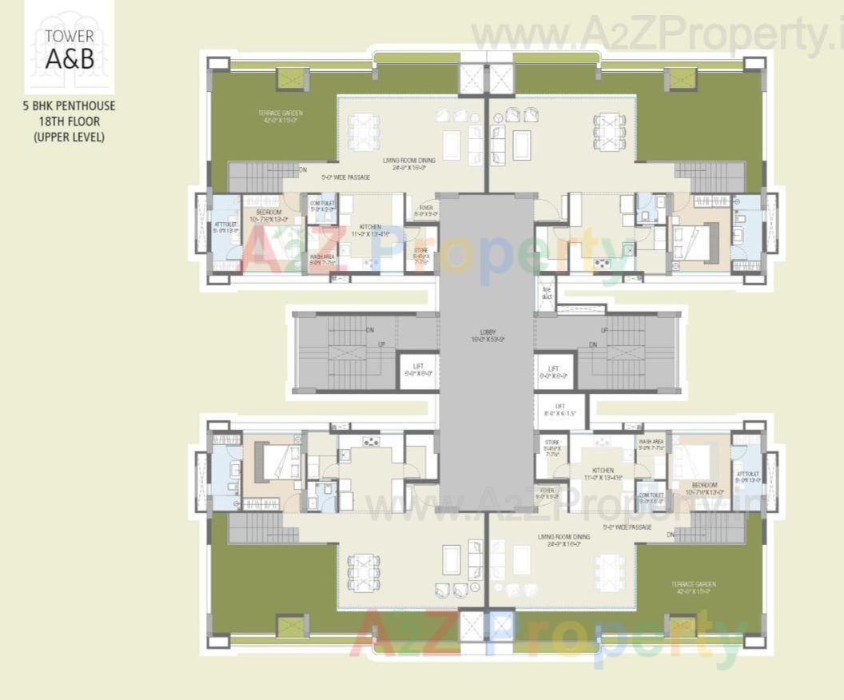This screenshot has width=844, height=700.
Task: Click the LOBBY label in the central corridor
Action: (485, 334)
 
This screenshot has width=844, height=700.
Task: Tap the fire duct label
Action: (547, 292)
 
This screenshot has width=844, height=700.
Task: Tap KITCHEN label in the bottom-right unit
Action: (603, 474)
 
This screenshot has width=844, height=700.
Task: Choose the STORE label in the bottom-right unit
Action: (551, 447)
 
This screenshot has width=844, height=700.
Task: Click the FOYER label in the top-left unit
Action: (425, 210)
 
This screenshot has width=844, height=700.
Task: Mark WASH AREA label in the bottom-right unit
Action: (651, 443)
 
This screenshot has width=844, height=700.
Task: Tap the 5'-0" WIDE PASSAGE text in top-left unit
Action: (345, 177)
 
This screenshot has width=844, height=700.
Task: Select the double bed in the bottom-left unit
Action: (274, 461)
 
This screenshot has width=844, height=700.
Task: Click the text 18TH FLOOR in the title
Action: (69, 121)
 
